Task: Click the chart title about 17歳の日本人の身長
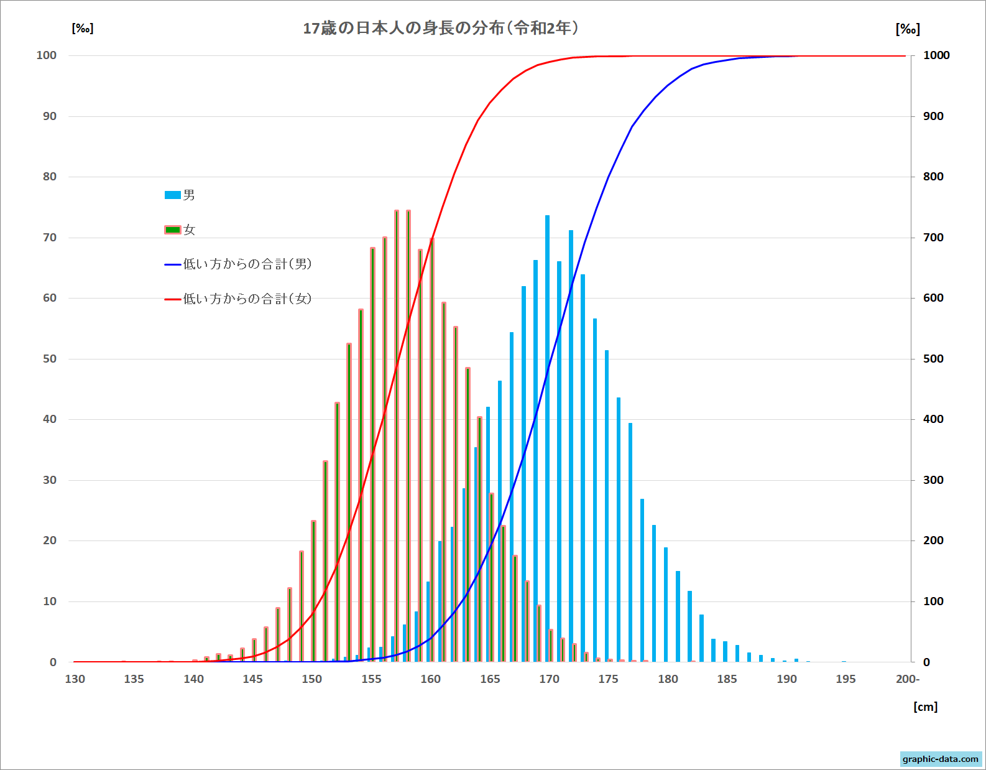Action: tap(441, 28)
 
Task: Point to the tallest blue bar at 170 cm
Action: tap(547, 435)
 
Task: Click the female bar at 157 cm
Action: tap(397, 435)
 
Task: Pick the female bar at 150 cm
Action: tap(313, 591)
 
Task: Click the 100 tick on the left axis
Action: tap(47, 55)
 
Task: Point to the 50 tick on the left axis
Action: tap(50, 359)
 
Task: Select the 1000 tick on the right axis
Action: tap(936, 55)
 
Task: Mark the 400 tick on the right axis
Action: tap(933, 419)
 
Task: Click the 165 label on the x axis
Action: tap(490, 679)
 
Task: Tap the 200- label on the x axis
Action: tap(908, 679)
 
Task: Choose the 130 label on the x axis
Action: tap(75, 679)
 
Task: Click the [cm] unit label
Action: tap(925, 707)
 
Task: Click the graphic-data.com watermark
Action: tap(940, 759)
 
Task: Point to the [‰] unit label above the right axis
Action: tap(908, 29)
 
